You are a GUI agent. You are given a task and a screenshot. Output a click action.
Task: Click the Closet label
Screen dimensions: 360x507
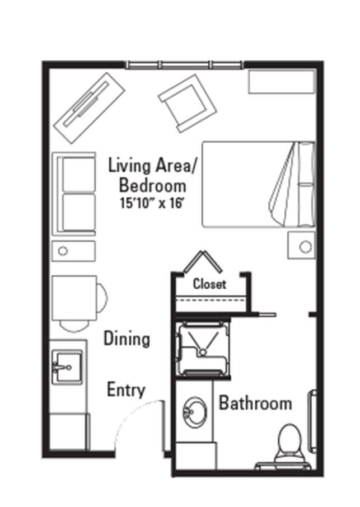tap(209, 284)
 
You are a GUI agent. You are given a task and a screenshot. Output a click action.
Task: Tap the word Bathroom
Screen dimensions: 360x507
tap(255, 403)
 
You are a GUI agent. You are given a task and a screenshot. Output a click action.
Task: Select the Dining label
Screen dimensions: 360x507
tap(127, 339)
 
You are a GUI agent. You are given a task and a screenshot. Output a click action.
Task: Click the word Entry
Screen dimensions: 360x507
tap(126, 390)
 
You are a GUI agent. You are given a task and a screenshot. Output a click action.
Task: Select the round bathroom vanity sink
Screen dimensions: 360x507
tap(195, 412)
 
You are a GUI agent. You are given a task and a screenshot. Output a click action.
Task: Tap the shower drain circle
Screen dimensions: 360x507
tap(203, 352)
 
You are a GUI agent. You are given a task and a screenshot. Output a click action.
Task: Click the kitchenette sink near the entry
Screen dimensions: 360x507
tap(67, 367)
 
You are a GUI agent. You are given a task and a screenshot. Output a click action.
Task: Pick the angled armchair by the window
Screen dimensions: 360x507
tap(187, 104)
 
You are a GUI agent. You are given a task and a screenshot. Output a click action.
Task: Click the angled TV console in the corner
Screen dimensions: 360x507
tap(89, 107)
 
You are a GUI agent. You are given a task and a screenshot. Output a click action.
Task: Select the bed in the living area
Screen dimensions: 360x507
tap(259, 184)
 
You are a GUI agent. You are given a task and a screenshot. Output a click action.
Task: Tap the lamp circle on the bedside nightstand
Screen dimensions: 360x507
tap(305, 247)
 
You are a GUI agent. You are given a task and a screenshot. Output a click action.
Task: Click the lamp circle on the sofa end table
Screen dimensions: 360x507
tap(63, 251)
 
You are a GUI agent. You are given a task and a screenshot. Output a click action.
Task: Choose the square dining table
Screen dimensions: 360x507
tap(74, 298)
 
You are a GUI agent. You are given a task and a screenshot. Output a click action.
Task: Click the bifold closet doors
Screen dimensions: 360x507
tap(203, 261)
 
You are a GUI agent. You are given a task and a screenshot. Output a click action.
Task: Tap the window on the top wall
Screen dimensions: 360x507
tap(184, 65)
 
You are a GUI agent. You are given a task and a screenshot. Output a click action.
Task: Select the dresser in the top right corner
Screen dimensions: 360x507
tap(282, 82)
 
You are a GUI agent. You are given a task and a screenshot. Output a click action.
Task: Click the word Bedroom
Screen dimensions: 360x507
tap(153, 186)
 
